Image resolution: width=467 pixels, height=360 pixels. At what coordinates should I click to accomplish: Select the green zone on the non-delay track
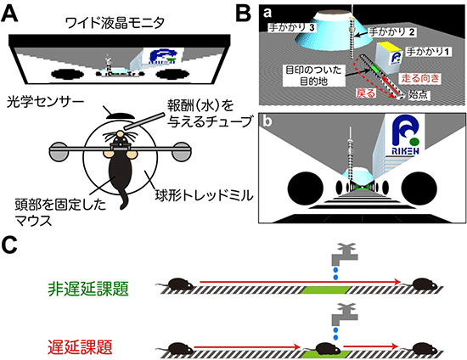(319, 290)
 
